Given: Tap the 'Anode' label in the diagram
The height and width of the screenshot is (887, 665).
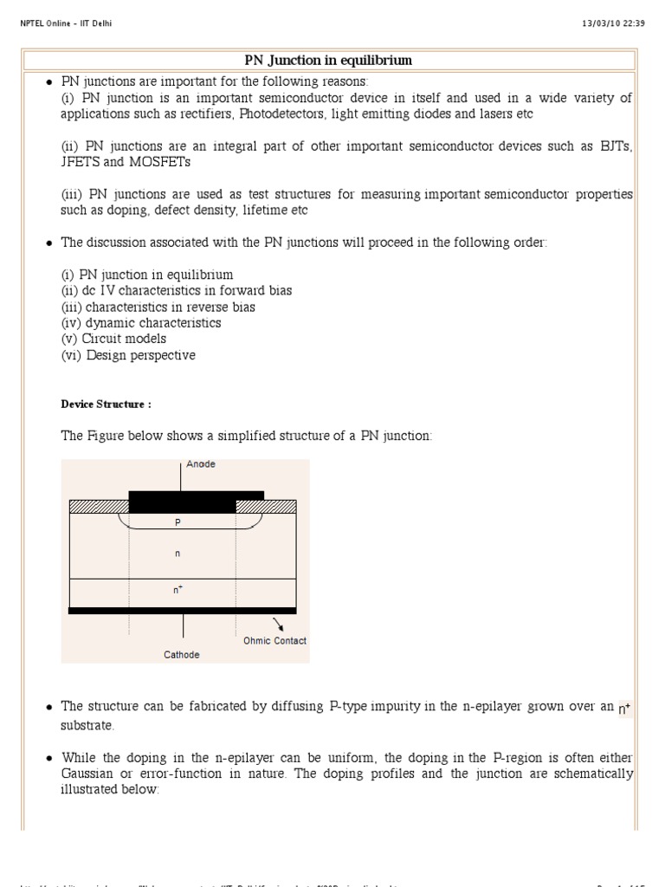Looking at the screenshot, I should point(201,464).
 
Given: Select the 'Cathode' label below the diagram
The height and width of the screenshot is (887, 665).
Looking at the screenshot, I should point(182,655).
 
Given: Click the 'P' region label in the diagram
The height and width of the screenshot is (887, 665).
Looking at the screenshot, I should point(179,523).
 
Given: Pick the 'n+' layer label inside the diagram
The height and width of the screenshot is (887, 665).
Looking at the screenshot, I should point(178,590).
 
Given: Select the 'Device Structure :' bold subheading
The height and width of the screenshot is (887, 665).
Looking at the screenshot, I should point(107,405).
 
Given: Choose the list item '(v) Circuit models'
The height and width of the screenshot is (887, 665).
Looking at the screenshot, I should point(113,339).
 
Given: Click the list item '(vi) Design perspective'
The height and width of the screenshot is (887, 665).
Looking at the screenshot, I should point(128,355).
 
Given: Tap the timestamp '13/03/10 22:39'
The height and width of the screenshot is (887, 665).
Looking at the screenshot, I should point(613,23).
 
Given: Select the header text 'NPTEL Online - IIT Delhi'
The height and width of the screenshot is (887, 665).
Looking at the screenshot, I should point(66,23).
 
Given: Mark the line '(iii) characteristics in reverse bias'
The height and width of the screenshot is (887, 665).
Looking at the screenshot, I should point(158,307).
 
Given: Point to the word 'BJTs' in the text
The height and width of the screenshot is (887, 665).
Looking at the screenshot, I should point(616,146).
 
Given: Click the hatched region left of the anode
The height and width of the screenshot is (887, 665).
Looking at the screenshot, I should point(99,507).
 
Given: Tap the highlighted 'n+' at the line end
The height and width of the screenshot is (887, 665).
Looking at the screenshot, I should point(624,709).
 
